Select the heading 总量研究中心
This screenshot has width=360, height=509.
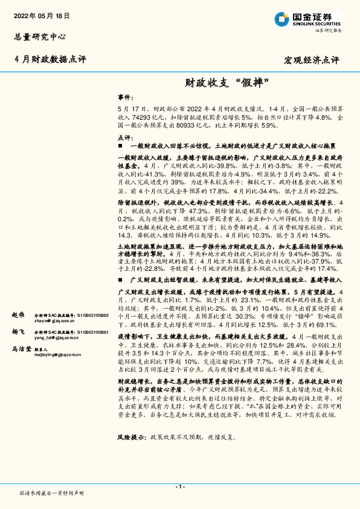click(40, 36)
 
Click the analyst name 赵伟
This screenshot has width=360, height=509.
click(18, 315)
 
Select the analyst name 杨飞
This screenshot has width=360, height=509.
click(18, 332)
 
